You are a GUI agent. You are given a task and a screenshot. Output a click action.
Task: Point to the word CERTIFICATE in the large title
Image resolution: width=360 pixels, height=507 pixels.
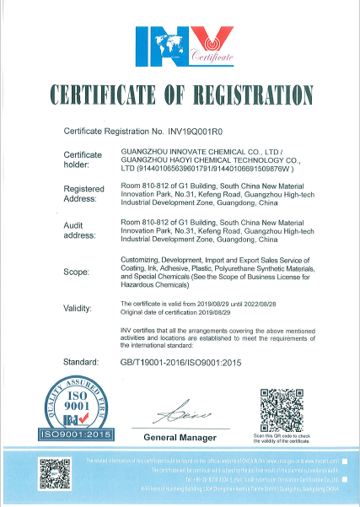coord(106,94)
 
